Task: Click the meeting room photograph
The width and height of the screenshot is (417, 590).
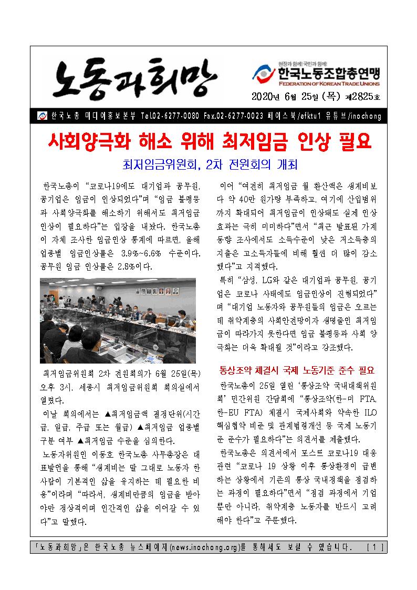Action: (118, 320)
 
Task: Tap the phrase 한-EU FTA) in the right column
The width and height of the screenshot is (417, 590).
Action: (237, 411)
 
